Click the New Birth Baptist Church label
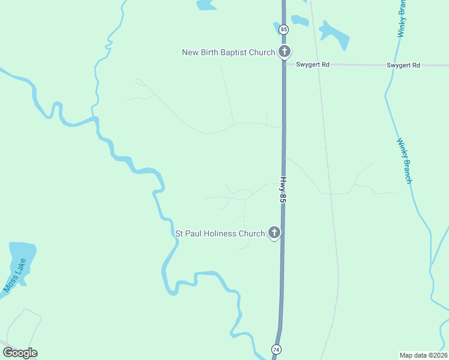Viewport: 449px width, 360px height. pyautogui.click(x=228, y=52)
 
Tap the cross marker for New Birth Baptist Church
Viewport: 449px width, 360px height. pyautogui.click(x=285, y=52)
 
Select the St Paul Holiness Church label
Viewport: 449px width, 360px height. pyautogui.click(x=219, y=233)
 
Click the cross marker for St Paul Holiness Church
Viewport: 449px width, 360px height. pyautogui.click(x=274, y=232)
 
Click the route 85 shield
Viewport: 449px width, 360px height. pyautogui.click(x=284, y=29)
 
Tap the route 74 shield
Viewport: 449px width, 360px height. pyautogui.click(x=276, y=349)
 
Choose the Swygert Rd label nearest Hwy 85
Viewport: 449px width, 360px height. pyautogui.click(x=312, y=64)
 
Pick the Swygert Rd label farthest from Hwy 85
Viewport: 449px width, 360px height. pyautogui.click(x=403, y=65)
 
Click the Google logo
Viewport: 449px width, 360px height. pyautogui.click(x=20, y=353)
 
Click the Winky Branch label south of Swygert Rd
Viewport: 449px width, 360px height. pyautogui.click(x=405, y=160)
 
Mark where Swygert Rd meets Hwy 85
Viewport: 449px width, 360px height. pyautogui.click(x=284, y=63)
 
